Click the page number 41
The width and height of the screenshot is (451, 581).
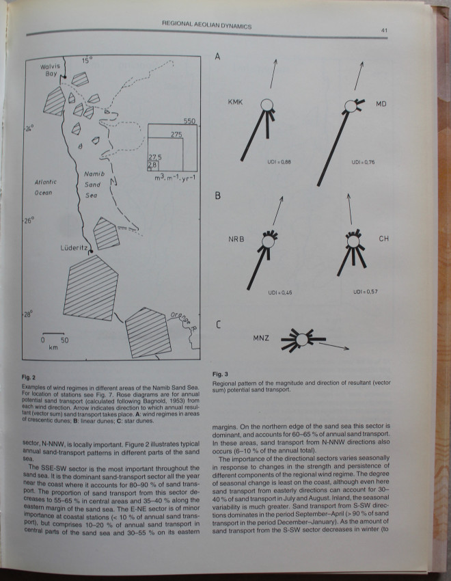click(x=385, y=29)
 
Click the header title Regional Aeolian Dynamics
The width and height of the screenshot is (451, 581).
click(x=206, y=26)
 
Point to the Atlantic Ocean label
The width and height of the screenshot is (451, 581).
click(x=39, y=187)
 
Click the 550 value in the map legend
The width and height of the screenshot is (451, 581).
click(x=189, y=121)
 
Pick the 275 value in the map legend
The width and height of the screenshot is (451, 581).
click(x=176, y=135)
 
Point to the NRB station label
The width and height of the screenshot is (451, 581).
click(x=236, y=240)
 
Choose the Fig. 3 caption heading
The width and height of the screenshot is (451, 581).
click(x=220, y=375)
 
